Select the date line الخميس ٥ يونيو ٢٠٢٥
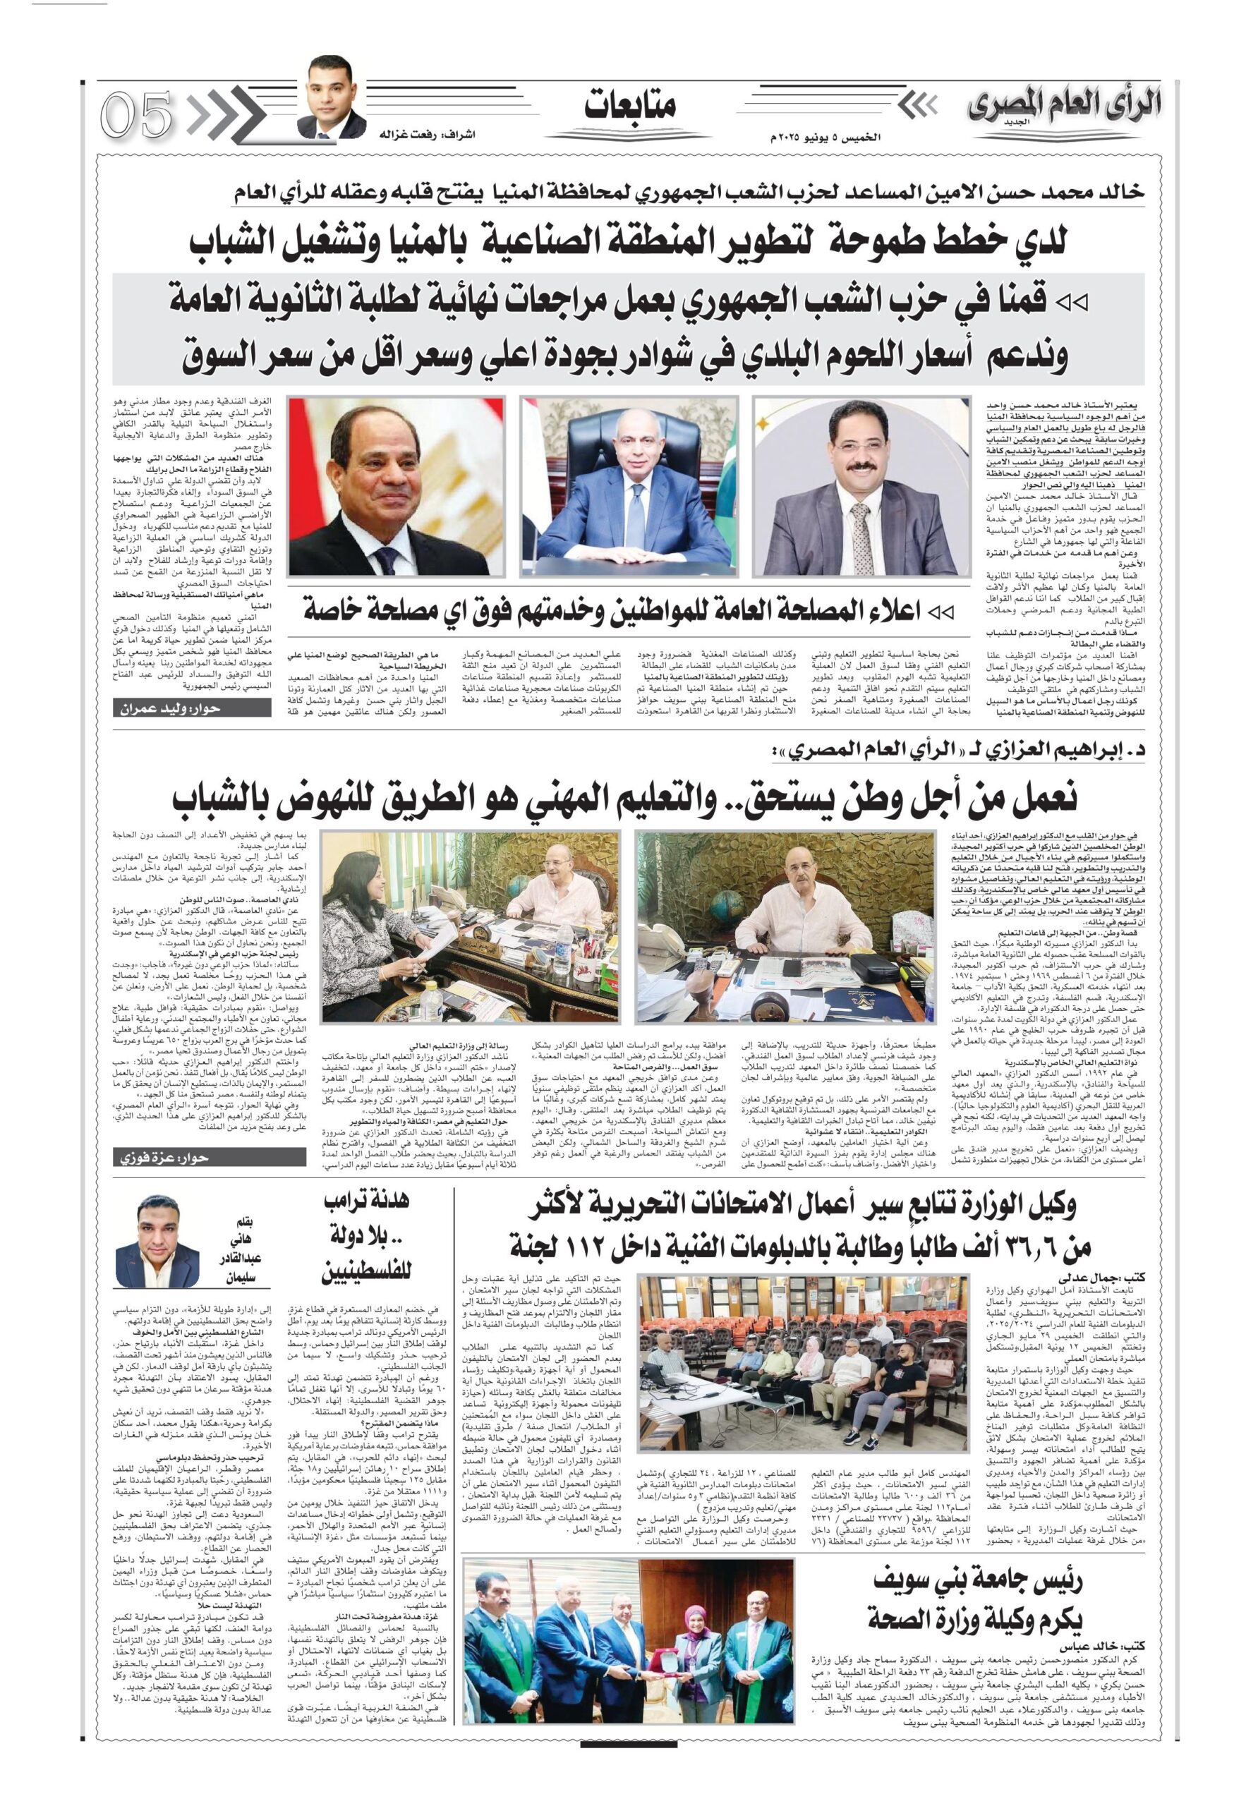click(x=825, y=137)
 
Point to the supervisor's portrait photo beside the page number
click(x=336, y=95)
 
